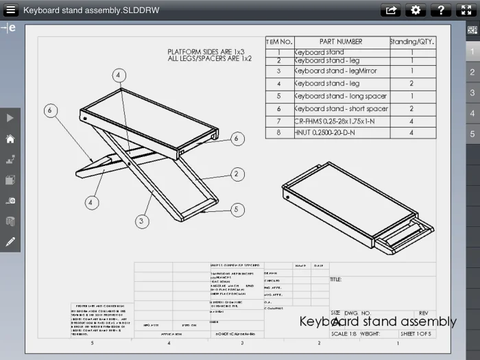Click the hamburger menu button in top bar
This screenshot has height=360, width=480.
10,10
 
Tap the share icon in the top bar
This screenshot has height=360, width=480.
391,10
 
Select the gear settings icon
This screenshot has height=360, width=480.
416,10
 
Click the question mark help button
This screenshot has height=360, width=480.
440,10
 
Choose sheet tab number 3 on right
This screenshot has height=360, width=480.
472,93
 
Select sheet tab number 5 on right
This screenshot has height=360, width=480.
472,134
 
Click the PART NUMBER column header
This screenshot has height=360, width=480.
341,42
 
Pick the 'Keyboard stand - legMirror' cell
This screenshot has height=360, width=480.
335,71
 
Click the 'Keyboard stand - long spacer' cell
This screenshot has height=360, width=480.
340,96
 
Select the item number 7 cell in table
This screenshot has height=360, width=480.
279,121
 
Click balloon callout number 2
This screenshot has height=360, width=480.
237,174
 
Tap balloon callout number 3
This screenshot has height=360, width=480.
142,221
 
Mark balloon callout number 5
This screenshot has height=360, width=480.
237,210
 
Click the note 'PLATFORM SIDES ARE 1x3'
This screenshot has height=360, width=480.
206,51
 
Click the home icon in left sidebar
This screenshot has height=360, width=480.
10,139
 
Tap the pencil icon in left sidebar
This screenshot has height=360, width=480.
10,241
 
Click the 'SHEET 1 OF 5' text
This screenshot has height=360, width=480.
416,334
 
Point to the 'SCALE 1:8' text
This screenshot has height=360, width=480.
344,334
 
